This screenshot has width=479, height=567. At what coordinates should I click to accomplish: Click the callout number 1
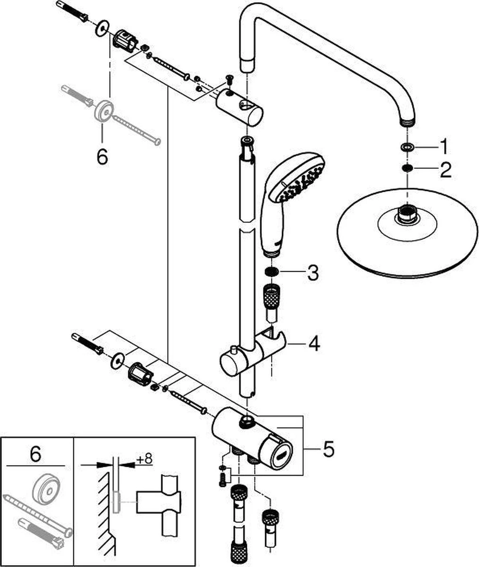point(444,147)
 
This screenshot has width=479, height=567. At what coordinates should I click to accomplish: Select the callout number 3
point(312,273)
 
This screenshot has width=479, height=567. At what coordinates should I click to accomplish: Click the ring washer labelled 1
point(405,148)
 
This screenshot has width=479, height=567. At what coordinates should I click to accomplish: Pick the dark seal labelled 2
point(405,168)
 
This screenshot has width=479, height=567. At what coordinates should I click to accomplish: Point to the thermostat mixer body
point(250,435)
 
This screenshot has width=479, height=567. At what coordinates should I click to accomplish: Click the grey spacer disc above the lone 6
point(103,111)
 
